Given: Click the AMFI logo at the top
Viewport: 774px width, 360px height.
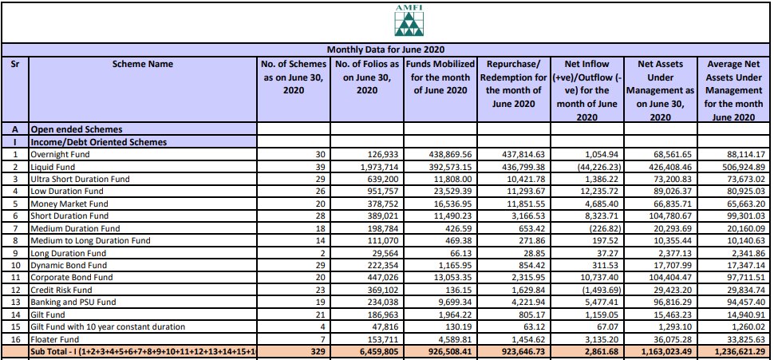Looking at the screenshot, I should [x=409, y=22].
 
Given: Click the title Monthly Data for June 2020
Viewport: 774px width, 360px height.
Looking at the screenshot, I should [x=386, y=50].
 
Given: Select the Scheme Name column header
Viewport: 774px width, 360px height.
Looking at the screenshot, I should [x=143, y=64].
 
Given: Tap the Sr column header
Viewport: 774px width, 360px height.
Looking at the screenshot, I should [x=15, y=64].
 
